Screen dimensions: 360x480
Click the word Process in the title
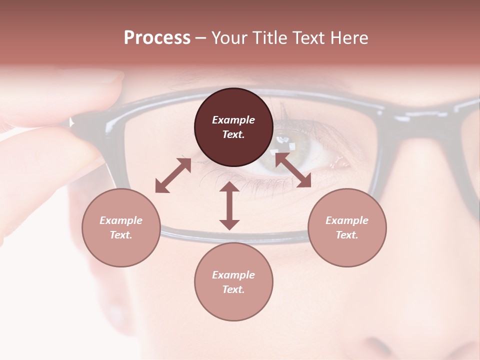point(157,38)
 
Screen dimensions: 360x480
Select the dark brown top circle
point(233,127)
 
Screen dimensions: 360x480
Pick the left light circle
point(121,227)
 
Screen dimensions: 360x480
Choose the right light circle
point(347,227)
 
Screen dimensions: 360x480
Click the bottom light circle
point(233,282)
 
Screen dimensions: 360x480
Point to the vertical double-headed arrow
point(229,205)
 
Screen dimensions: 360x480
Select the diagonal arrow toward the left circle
point(173,175)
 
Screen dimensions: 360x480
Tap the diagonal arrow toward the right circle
point(293,170)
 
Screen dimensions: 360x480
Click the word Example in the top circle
point(233,120)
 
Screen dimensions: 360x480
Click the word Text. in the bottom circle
point(233,289)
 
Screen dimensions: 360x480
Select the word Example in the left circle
point(121,220)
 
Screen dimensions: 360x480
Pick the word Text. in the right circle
point(347,235)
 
